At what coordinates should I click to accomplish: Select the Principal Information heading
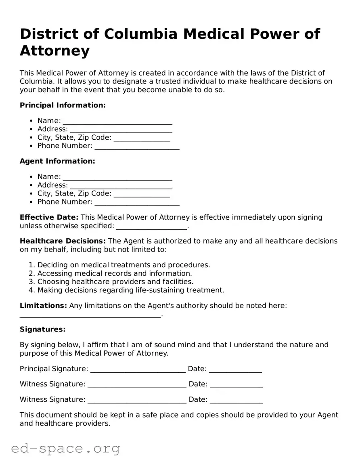coord(63,105)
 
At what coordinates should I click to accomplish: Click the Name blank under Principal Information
coord(117,121)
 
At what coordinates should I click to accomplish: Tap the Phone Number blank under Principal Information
coord(137,146)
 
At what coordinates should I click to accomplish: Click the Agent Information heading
coord(57,161)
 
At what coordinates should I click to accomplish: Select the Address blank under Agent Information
coord(121,185)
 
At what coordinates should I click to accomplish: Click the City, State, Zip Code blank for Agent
coord(142,194)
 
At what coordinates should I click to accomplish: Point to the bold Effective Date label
coord(49,217)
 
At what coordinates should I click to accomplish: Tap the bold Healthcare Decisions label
coord(63,241)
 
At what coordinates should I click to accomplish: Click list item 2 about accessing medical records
coord(114,273)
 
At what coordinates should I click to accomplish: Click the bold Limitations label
coord(43,306)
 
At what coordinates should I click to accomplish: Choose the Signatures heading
coord(42,330)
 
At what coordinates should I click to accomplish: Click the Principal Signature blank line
coord(138,369)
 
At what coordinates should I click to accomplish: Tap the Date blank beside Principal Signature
coord(235,369)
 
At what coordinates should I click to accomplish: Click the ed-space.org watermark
coord(65,448)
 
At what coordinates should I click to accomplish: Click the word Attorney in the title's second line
coord(55,51)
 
